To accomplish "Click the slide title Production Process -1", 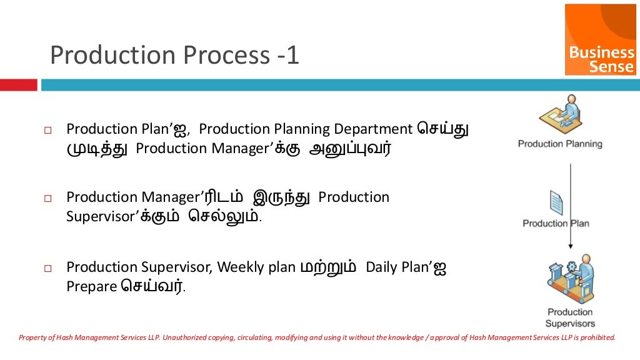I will point(174,56).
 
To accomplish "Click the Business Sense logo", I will point(601,39).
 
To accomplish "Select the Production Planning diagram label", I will point(560,144).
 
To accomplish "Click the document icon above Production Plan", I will point(556,204).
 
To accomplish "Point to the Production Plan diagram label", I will point(556,223).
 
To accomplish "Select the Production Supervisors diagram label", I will point(569,317).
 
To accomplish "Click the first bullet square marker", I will point(47,131).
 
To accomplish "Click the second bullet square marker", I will point(47,199).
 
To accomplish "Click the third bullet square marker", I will point(47,269).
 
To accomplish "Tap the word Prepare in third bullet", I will point(92,287).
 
